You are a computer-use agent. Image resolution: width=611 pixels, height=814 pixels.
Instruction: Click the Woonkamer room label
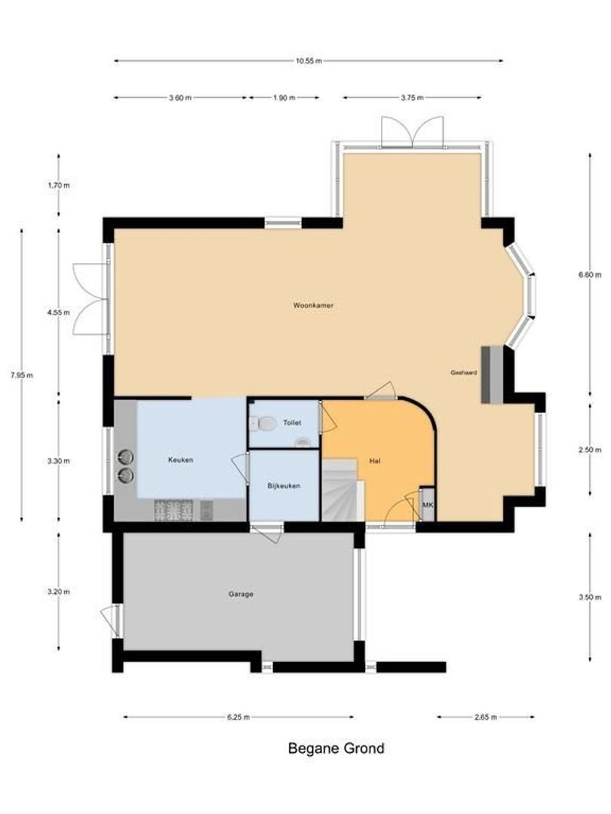pyautogui.click(x=314, y=306)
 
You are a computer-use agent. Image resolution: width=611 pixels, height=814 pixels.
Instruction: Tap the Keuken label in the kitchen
pyautogui.click(x=181, y=459)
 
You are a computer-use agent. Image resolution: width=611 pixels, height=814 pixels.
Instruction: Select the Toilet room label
pyautogui.click(x=292, y=423)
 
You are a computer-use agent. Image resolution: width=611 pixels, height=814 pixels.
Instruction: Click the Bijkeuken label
pyautogui.click(x=284, y=486)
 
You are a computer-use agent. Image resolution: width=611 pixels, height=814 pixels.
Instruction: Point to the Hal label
pyautogui.click(x=375, y=461)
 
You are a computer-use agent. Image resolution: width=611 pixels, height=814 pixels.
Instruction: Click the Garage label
pyautogui.click(x=241, y=594)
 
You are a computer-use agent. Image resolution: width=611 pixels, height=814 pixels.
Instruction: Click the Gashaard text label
pyautogui.click(x=463, y=372)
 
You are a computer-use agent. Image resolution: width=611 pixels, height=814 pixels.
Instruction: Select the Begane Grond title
pyautogui.click(x=336, y=748)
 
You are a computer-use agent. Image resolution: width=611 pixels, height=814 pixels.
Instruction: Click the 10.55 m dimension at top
pyautogui.click(x=309, y=61)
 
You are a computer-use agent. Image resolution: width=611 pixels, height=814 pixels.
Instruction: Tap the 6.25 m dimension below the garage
pyautogui.click(x=238, y=718)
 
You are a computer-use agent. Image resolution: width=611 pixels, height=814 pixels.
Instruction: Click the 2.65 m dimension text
pyautogui.click(x=486, y=718)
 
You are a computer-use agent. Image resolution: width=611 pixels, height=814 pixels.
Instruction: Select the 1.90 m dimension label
pyautogui.click(x=283, y=97)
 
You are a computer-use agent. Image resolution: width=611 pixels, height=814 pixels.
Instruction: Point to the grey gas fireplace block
pyautogui.click(x=491, y=375)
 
